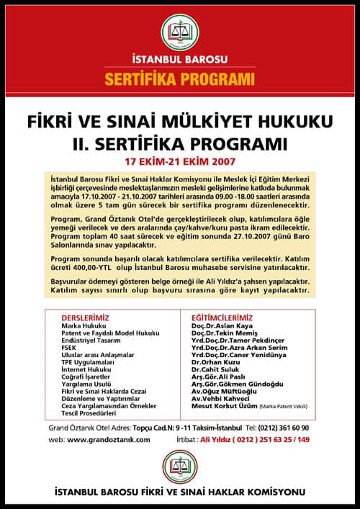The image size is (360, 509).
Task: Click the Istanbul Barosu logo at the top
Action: pos(180,31)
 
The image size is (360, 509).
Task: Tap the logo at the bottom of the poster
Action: pos(180,467)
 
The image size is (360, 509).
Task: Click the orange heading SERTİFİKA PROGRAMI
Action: pos(180,77)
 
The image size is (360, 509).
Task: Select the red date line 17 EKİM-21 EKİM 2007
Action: pos(179,153)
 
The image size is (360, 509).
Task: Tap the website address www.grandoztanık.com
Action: pos(109,439)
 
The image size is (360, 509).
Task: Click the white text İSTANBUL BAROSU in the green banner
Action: pos(180,58)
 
